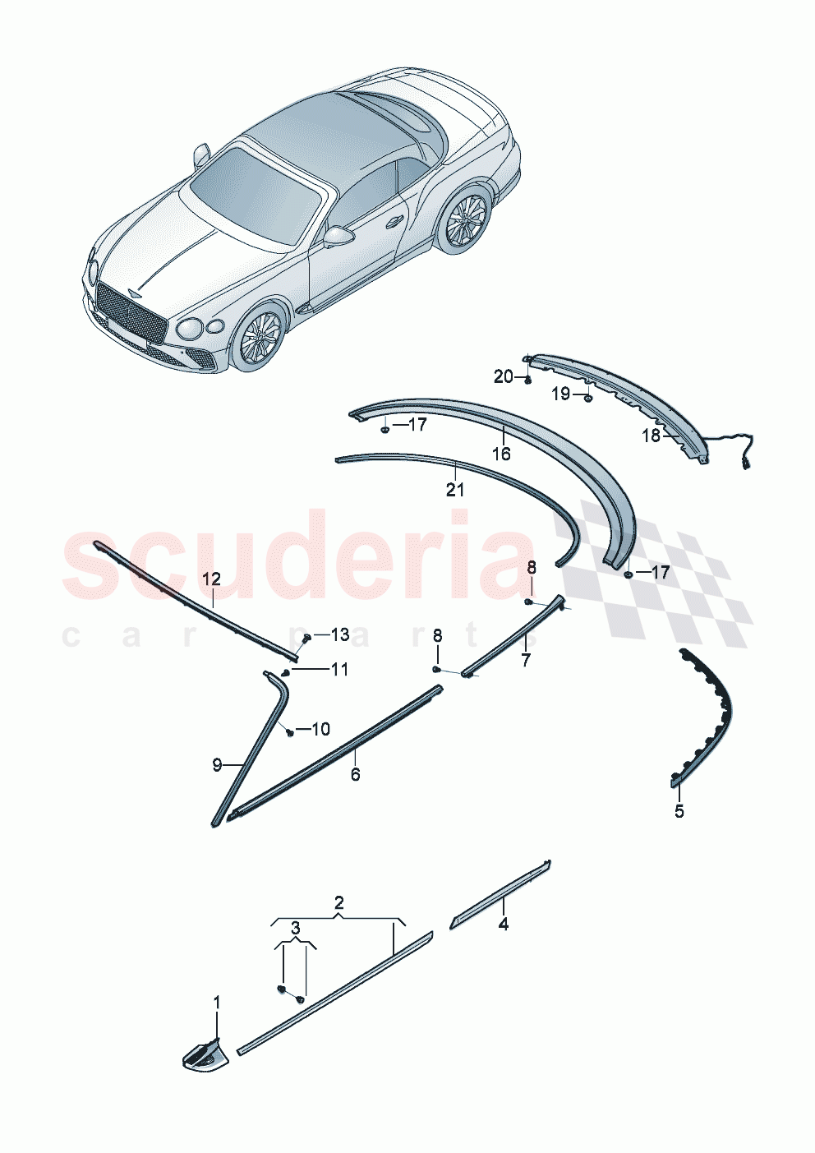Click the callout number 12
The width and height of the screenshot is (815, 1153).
[211, 579]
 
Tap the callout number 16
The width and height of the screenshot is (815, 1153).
[500, 454]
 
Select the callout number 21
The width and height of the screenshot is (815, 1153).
[454, 490]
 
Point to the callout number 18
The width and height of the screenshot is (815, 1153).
[651, 436]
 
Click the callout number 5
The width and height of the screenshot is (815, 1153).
[679, 812]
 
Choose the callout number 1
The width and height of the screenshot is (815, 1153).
[217, 1003]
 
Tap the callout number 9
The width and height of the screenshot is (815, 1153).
[217, 765]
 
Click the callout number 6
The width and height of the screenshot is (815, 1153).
[355, 774]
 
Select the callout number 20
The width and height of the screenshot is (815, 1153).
[503, 376]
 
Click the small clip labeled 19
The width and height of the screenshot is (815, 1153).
[588, 399]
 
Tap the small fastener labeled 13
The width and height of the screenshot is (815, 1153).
[306, 638]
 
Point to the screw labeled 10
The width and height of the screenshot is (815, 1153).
[290, 731]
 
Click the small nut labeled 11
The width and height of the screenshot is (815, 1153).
[285, 673]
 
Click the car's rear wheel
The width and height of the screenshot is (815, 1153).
[464, 222]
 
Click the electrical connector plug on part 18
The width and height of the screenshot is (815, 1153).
[747, 464]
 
